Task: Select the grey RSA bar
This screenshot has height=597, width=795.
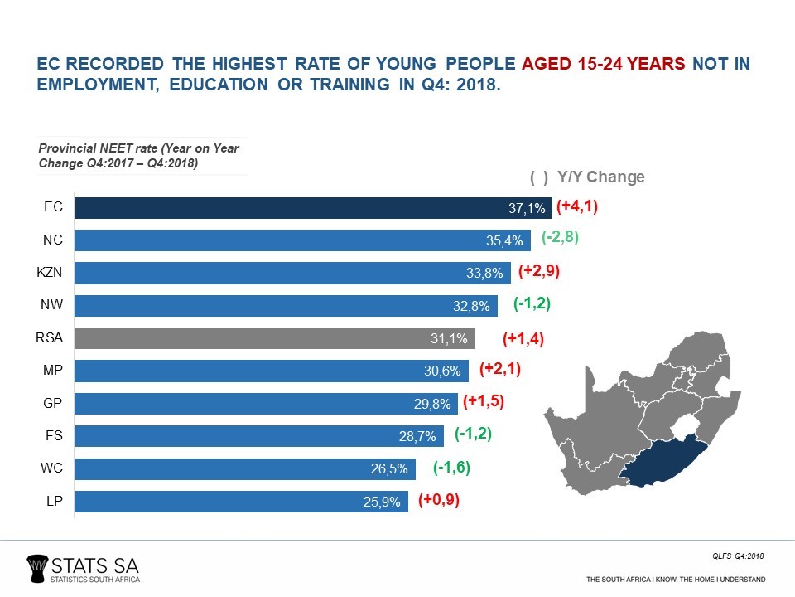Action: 273,338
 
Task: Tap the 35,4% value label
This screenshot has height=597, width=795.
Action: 506,241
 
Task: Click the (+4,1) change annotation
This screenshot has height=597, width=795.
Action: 576,207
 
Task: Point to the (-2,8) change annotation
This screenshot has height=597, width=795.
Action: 560,238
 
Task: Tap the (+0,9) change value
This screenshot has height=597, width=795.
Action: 439,500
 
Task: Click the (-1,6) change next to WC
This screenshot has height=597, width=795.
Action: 451,468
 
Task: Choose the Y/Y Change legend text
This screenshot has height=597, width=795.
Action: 600,177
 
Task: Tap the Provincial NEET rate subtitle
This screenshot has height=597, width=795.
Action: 139,156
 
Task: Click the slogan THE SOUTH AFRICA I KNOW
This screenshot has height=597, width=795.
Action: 676,578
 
